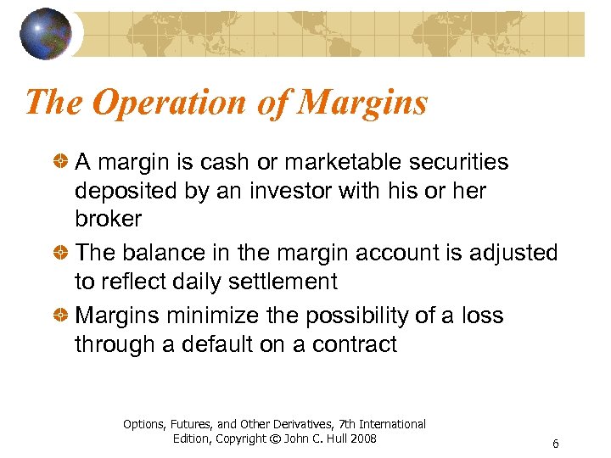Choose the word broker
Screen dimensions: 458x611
[x=109, y=219]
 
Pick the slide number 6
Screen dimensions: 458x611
[x=555, y=444]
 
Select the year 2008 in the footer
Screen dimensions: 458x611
[x=363, y=438]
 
